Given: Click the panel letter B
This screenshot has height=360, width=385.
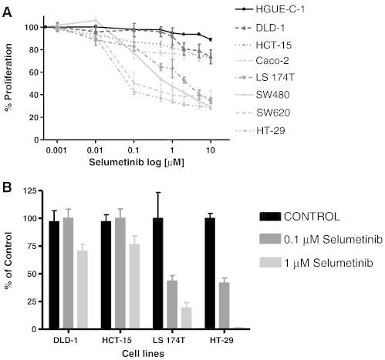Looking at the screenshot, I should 8,187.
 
